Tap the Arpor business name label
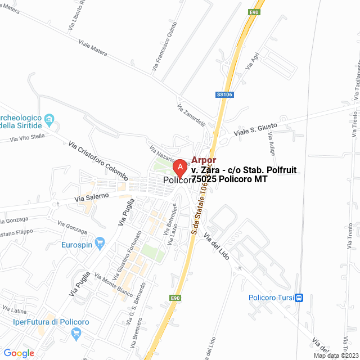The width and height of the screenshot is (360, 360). [204, 160]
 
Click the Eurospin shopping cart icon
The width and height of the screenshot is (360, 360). [100, 244]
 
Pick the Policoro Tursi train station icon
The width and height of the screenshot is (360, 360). [299, 298]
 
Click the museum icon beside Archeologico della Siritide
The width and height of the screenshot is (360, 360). [49, 119]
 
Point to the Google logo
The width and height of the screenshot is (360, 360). [19, 353]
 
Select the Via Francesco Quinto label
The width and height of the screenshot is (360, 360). [164, 46]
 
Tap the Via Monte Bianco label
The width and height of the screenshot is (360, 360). [109, 286]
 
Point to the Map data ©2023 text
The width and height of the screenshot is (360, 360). [335, 355]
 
